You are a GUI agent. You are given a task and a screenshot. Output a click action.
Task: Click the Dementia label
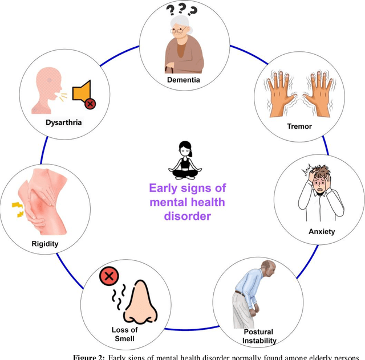coord(183,80)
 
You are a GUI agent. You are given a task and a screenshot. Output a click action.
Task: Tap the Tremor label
coord(301,126)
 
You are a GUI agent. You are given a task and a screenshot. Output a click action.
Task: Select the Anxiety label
coord(322,231)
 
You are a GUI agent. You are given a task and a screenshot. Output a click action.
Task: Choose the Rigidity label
coord(44,244)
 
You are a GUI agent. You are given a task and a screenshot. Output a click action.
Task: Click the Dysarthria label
coord(63,122)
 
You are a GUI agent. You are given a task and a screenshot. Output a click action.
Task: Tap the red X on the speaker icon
coord(90,103)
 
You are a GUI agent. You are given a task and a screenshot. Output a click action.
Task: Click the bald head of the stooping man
coord(268,267)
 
